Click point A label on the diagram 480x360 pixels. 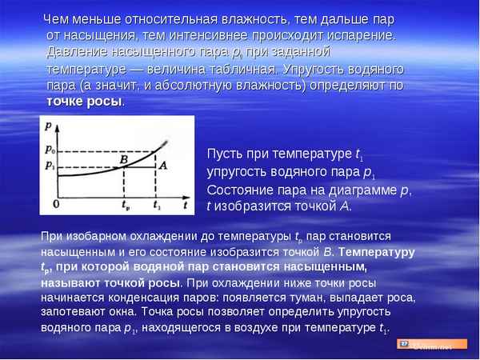[x=163, y=165]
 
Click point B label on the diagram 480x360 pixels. [x=124, y=160]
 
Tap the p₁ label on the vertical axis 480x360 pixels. [x=50, y=166]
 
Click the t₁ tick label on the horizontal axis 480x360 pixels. [x=158, y=206]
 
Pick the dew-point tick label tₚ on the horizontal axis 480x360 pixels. [x=126, y=206]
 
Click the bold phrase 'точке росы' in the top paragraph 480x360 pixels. [x=85, y=102]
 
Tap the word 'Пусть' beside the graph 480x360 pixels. [x=225, y=154]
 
